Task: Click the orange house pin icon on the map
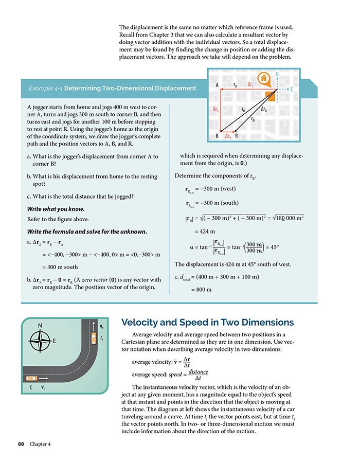coord(264,79)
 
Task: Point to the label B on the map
coord(218,136)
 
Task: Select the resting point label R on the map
coord(236,136)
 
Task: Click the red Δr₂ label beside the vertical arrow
coord(216,110)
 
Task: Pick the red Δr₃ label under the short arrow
coord(228,136)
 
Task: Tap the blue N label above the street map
coord(277,74)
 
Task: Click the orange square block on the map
coord(270,95)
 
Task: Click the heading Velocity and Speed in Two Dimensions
coord(207,323)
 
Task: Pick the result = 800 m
coord(201,290)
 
